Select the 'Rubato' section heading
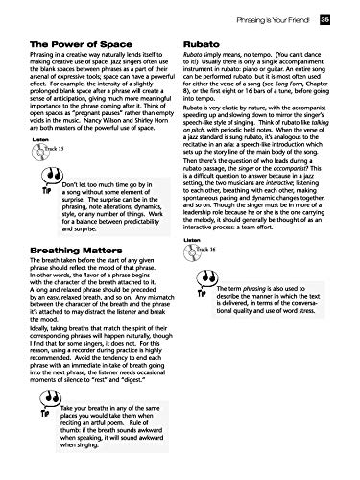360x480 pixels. [204, 45]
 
